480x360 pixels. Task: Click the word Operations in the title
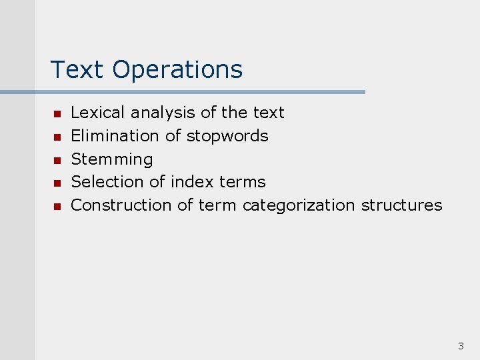177,70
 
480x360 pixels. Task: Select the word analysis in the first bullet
163,113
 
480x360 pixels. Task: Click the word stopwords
227,136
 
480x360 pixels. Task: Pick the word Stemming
112,159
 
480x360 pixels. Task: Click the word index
193,181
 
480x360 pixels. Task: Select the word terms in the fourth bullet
242,181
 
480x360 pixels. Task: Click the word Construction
121,205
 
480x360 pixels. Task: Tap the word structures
401,205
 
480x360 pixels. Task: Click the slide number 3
461,346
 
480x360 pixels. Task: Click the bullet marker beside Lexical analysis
57,114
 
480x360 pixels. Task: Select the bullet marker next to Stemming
57,160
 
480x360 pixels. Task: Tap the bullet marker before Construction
57,206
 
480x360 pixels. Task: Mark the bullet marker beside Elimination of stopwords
57,137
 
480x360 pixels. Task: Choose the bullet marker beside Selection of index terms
57,183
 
